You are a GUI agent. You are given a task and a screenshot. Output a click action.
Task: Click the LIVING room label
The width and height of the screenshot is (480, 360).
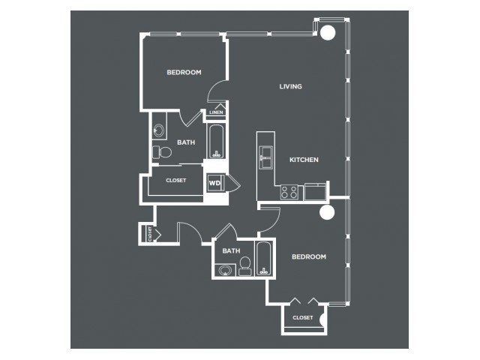click(290, 87)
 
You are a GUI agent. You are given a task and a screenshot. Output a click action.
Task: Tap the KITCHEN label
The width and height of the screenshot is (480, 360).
click(304, 160)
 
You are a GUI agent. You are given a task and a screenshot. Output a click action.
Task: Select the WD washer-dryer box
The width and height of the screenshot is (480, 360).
click(215, 183)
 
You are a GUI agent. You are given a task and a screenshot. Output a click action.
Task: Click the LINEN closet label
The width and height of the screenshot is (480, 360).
click(216, 112)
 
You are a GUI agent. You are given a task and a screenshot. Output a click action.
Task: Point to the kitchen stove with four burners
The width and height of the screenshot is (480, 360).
click(289, 192)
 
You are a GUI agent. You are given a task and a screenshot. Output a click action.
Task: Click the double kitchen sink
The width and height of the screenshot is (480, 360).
click(266, 157)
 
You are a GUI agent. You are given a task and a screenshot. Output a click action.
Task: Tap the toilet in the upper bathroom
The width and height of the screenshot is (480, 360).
click(162, 152)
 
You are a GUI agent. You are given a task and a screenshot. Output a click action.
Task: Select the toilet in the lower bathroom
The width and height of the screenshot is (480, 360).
click(244, 266)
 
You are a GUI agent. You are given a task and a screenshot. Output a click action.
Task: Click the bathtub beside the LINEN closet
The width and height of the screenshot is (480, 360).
click(217, 141)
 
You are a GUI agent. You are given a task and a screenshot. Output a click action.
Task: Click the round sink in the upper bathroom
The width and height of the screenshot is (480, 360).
click(159, 130)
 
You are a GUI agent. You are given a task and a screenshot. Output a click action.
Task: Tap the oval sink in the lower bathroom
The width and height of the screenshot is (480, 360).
click(225, 270)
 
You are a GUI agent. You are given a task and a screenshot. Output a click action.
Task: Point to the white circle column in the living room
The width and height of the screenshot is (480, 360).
click(328, 32)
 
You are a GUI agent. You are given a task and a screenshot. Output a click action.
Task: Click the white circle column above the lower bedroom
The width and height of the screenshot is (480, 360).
click(327, 212)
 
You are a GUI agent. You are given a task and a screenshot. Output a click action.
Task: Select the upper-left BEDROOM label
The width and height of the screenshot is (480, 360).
click(184, 73)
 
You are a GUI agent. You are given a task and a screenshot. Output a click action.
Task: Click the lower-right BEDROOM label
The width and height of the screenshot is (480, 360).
click(309, 256)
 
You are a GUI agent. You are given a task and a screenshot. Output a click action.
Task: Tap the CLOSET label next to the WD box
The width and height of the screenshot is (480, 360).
click(176, 181)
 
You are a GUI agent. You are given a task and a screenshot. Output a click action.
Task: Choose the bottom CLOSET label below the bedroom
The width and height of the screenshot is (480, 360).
click(303, 318)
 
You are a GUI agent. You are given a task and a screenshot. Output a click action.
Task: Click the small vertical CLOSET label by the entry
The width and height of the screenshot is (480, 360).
click(150, 234)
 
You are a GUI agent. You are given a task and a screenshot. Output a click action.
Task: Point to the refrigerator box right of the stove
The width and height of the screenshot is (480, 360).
click(315, 192)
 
